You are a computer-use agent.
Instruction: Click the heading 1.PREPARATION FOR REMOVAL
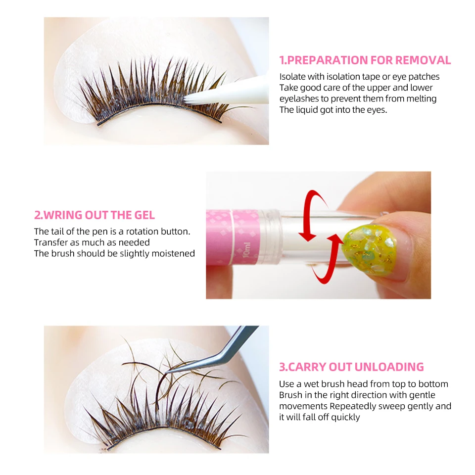[x=365, y=60]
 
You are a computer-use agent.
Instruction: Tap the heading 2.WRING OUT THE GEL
[x=94, y=215]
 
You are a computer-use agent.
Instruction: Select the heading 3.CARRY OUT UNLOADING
[x=351, y=367]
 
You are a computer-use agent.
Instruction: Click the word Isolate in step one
[x=293, y=77]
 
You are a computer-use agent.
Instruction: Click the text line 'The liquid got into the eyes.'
[x=333, y=109]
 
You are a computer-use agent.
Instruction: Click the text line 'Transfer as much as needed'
[x=92, y=242]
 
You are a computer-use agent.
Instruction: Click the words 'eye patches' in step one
[x=415, y=77]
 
